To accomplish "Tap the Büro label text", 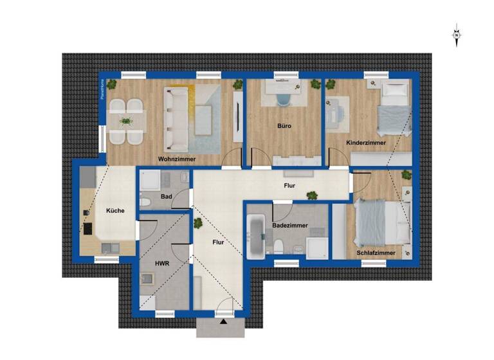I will [x=284, y=126].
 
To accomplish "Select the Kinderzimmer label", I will [x=366, y=143].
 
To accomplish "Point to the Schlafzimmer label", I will [x=376, y=253].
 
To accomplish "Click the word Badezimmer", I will [x=289, y=226].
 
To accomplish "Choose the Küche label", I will [x=115, y=210].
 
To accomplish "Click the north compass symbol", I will [x=456, y=35].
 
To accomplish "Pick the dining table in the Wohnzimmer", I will [x=126, y=120].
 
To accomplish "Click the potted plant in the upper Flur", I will [x=312, y=195].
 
